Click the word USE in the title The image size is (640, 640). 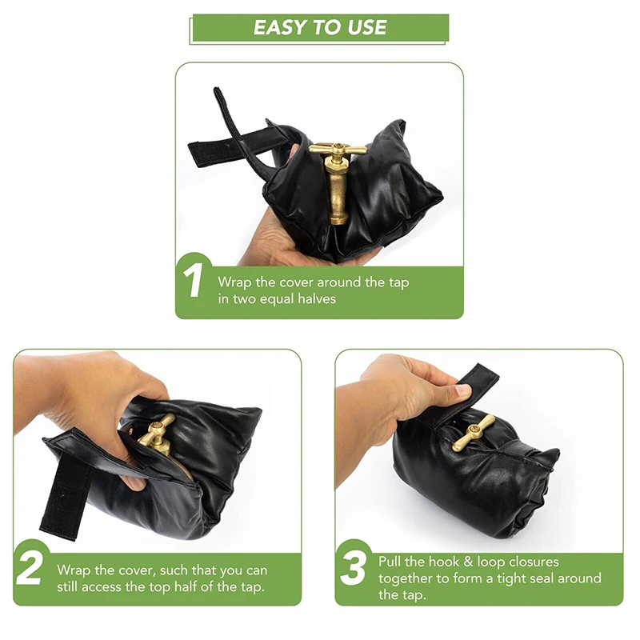click(x=366, y=27)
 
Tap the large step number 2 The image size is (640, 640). click(x=30, y=567)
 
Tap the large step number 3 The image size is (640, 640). click(x=354, y=567)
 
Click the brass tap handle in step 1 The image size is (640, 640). click(x=338, y=150)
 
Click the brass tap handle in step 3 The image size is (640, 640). click(x=474, y=433)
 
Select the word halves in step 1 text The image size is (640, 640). click(x=317, y=298)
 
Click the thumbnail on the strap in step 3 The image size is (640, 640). click(x=462, y=390)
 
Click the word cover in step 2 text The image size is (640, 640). click(x=137, y=570)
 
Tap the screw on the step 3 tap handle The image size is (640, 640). click(x=474, y=428)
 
